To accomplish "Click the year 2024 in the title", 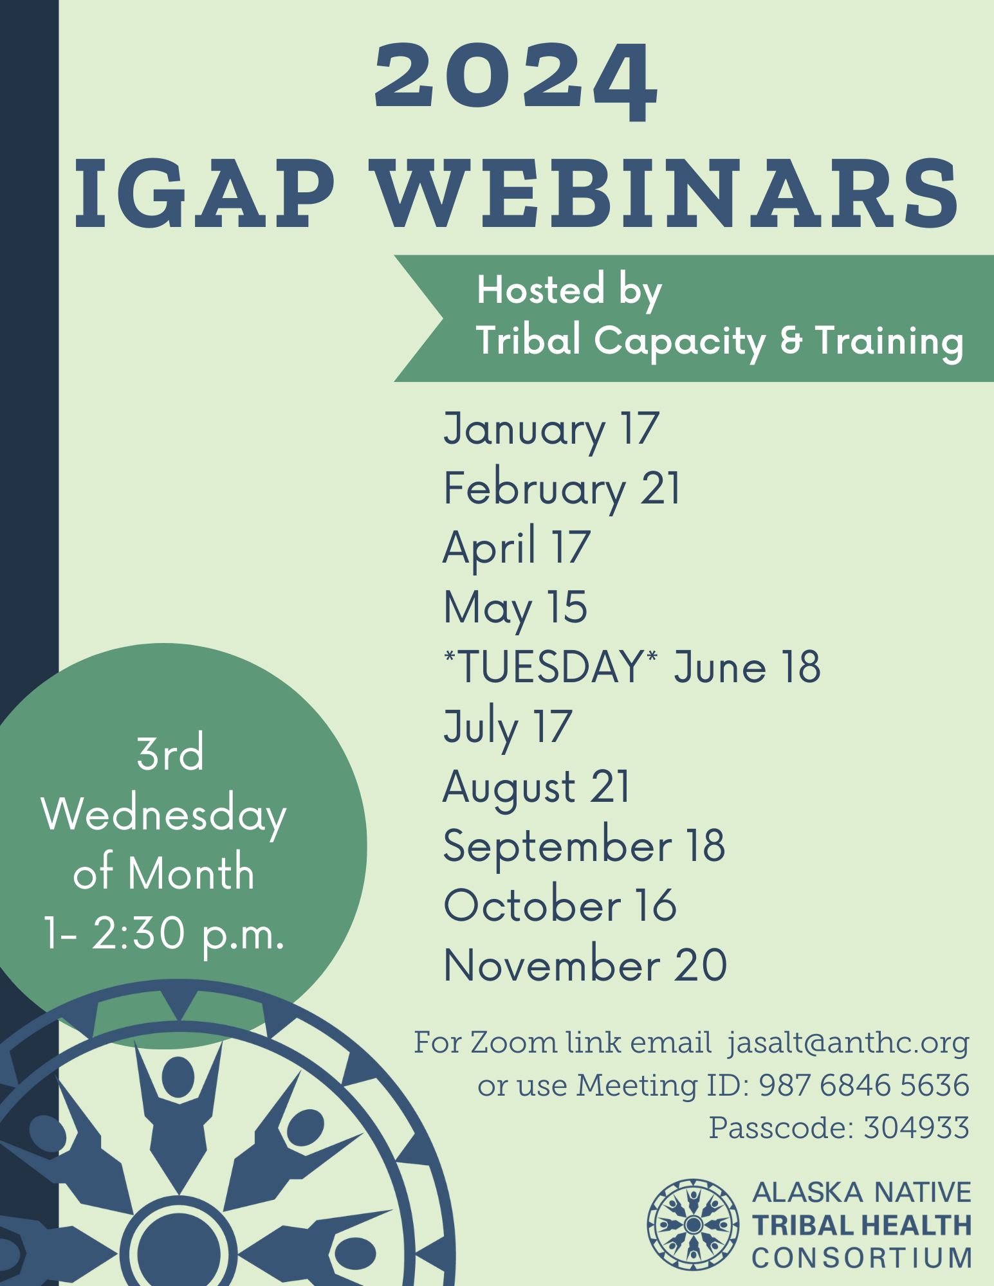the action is pyautogui.click(x=517, y=82).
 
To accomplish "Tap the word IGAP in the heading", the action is pyautogui.click(x=205, y=194).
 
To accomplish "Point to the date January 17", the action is pyautogui.click(x=551, y=430).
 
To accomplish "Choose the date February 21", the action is pyautogui.click(x=562, y=489).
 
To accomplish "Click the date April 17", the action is pyautogui.click(x=517, y=548).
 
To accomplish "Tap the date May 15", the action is pyautogui.click(x=515, y=608).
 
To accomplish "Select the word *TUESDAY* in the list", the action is pyautogui.click(x=551, y=666).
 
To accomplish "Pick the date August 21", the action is pyautogui.click(x=537, y=787).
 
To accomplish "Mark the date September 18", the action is pyautogui.click(x=584, y=846).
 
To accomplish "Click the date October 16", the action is pyautogui.click(x=560, y=905).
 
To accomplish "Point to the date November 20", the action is pyautogui.click(x=585, y=964).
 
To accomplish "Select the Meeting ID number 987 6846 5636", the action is pyautogui.click(x=864, y=1085).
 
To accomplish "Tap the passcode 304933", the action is pyautogui.click(x=917, y=1128).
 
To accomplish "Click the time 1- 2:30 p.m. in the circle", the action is pyautogui.click(x=163, y=934).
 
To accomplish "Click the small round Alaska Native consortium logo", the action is pyautogui.click(x=694, y=1224).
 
